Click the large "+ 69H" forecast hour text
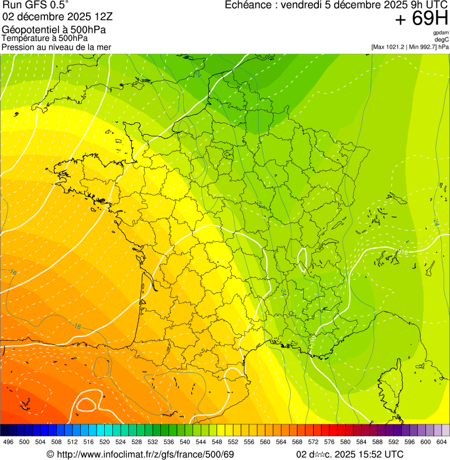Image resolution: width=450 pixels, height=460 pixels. [x=421, y=19]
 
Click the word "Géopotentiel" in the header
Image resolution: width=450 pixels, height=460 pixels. [x=28, y=29]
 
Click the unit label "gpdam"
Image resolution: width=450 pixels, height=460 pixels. [x=441, y=33]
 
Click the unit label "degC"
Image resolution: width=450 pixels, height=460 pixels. [x=442, y=39]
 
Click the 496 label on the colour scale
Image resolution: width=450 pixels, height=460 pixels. [x=8, y=442]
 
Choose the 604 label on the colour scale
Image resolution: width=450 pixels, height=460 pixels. [x=442, y=442]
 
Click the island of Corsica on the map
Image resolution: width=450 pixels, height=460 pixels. [x=390, y=383]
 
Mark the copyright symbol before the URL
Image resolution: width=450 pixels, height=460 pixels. [x=50, y=454]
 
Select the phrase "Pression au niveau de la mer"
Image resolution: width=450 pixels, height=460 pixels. [x=56, y=46]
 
